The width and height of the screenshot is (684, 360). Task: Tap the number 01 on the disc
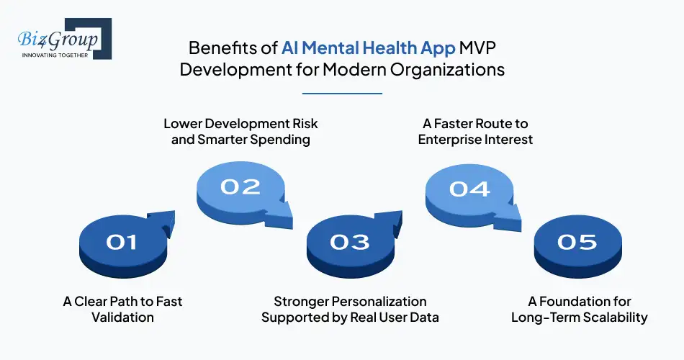click(x=122, y=242)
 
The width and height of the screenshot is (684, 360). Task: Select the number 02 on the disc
click(x=240, y=187)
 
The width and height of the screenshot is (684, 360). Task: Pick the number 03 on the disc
click(x=350, y=242)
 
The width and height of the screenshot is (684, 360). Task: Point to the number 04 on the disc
click(x=469, y=189)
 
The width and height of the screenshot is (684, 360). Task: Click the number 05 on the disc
click(x=577, y=242)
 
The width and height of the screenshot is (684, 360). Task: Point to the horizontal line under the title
click(x=342, y=93)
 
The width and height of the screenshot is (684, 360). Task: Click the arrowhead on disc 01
click(x=163, y=219)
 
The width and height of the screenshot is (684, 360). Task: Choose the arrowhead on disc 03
click(x=392, y=219)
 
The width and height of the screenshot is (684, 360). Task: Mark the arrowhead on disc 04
click(x=510, y=211)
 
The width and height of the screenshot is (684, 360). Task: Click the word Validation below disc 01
click(x=123, y=317)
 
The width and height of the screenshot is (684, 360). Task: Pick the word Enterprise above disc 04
click(x=454, y=139)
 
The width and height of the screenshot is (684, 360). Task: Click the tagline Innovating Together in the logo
click(x=55, y=54)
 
